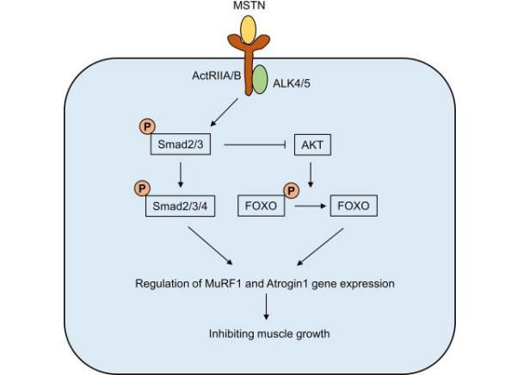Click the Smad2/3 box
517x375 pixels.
(180, 145)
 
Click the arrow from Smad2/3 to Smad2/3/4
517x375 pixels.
(180, 175)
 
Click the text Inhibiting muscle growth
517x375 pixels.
(258, 334)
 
